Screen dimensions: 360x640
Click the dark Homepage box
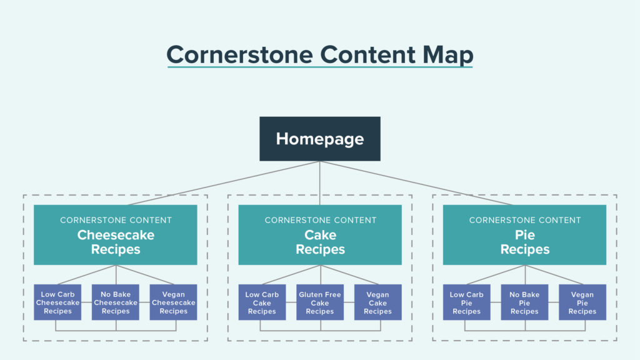tap(320, 139)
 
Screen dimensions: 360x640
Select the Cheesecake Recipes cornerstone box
tap(116, 235)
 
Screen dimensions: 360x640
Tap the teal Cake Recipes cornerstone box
tap(320, 235)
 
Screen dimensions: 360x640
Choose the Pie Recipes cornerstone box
tap(524, 235)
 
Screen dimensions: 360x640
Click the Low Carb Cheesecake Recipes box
tap(57, 302)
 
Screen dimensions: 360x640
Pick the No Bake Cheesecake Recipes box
tap(116, 302)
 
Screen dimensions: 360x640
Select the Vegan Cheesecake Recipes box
tap(173, 302)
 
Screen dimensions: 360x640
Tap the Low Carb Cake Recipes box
tap(262, 302)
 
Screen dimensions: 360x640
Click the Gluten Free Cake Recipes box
tap(320, 302)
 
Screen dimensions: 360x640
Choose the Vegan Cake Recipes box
tap(377, 302)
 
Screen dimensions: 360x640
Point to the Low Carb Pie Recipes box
tap(467, 302)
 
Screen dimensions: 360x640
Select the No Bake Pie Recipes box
tap(524, 302)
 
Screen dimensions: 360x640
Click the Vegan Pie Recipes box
tap(582, 302)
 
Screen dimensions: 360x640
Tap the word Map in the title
tap(446, 54)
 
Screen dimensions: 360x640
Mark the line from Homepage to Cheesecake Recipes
tap(225, 182)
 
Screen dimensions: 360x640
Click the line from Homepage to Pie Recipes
tap(416, 182)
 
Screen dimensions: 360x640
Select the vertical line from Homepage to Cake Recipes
tap(320, 182)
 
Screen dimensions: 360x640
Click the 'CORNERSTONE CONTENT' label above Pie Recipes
tap(525, 220)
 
